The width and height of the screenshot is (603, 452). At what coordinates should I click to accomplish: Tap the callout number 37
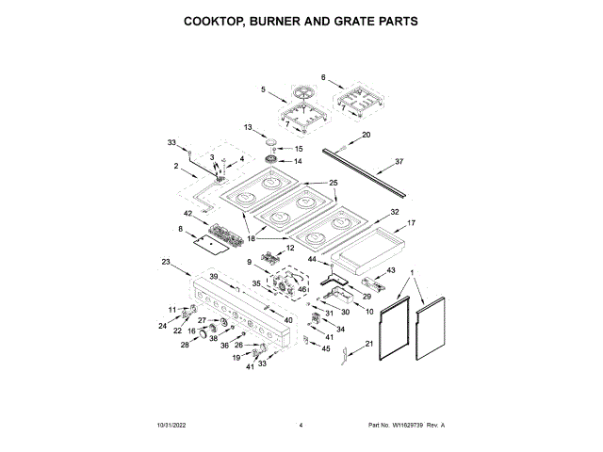pos(399,162)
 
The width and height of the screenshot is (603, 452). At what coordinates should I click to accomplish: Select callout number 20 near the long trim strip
pos(367,135)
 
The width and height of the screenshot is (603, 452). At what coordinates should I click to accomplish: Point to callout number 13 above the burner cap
pos(249,127)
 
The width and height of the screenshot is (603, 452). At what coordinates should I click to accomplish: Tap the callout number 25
pos(333,183)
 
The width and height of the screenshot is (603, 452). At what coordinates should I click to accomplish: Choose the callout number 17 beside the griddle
pos(410,226)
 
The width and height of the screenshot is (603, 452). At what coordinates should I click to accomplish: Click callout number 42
pos(189,214)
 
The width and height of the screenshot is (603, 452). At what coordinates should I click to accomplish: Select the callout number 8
pos(179,229)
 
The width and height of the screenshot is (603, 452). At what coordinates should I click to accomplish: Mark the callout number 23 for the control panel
pos(166,261)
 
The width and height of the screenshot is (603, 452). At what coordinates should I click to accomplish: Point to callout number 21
pos(370,345)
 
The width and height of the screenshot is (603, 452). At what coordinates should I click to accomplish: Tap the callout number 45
pos(327,349)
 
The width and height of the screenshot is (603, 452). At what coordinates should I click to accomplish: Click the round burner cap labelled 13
pos(271,142)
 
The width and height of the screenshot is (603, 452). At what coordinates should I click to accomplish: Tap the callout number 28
pos(186,347)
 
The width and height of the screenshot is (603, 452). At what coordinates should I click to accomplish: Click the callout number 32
pos(395,212)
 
